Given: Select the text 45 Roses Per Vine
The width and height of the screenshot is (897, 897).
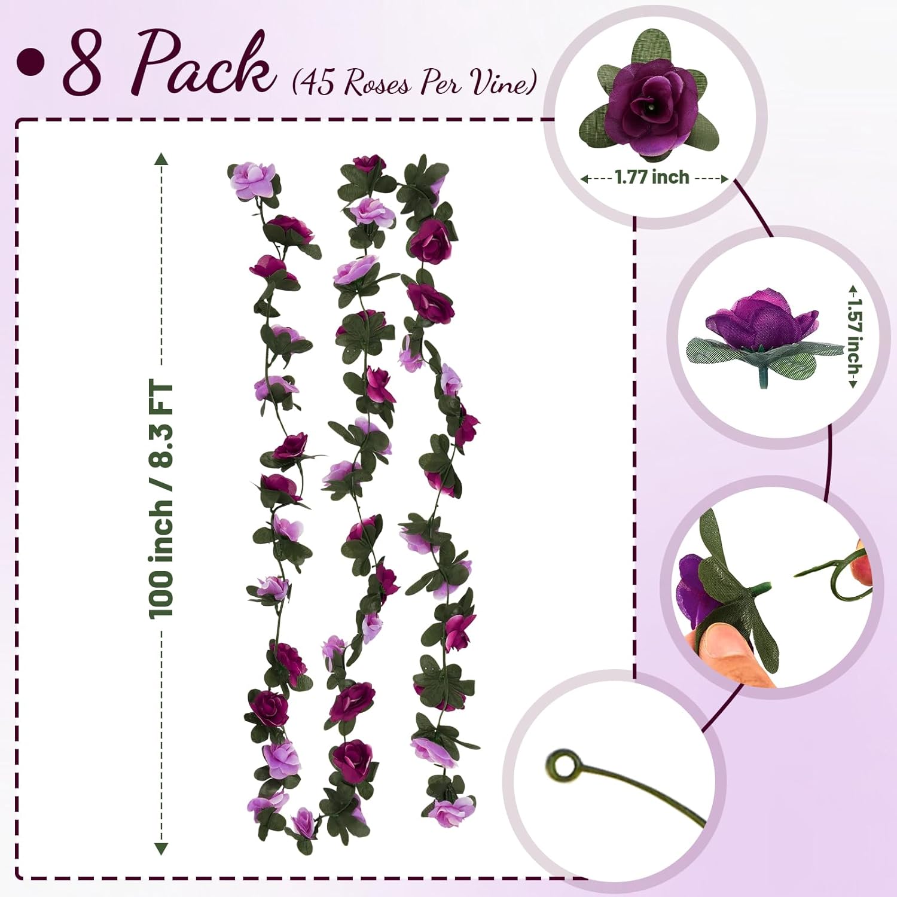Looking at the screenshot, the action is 413,83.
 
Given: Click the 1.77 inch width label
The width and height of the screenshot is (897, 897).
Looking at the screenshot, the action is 652,178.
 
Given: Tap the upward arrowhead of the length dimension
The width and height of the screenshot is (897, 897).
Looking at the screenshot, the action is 161,160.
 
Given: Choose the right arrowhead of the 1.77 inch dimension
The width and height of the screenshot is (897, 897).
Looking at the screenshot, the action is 724,178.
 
